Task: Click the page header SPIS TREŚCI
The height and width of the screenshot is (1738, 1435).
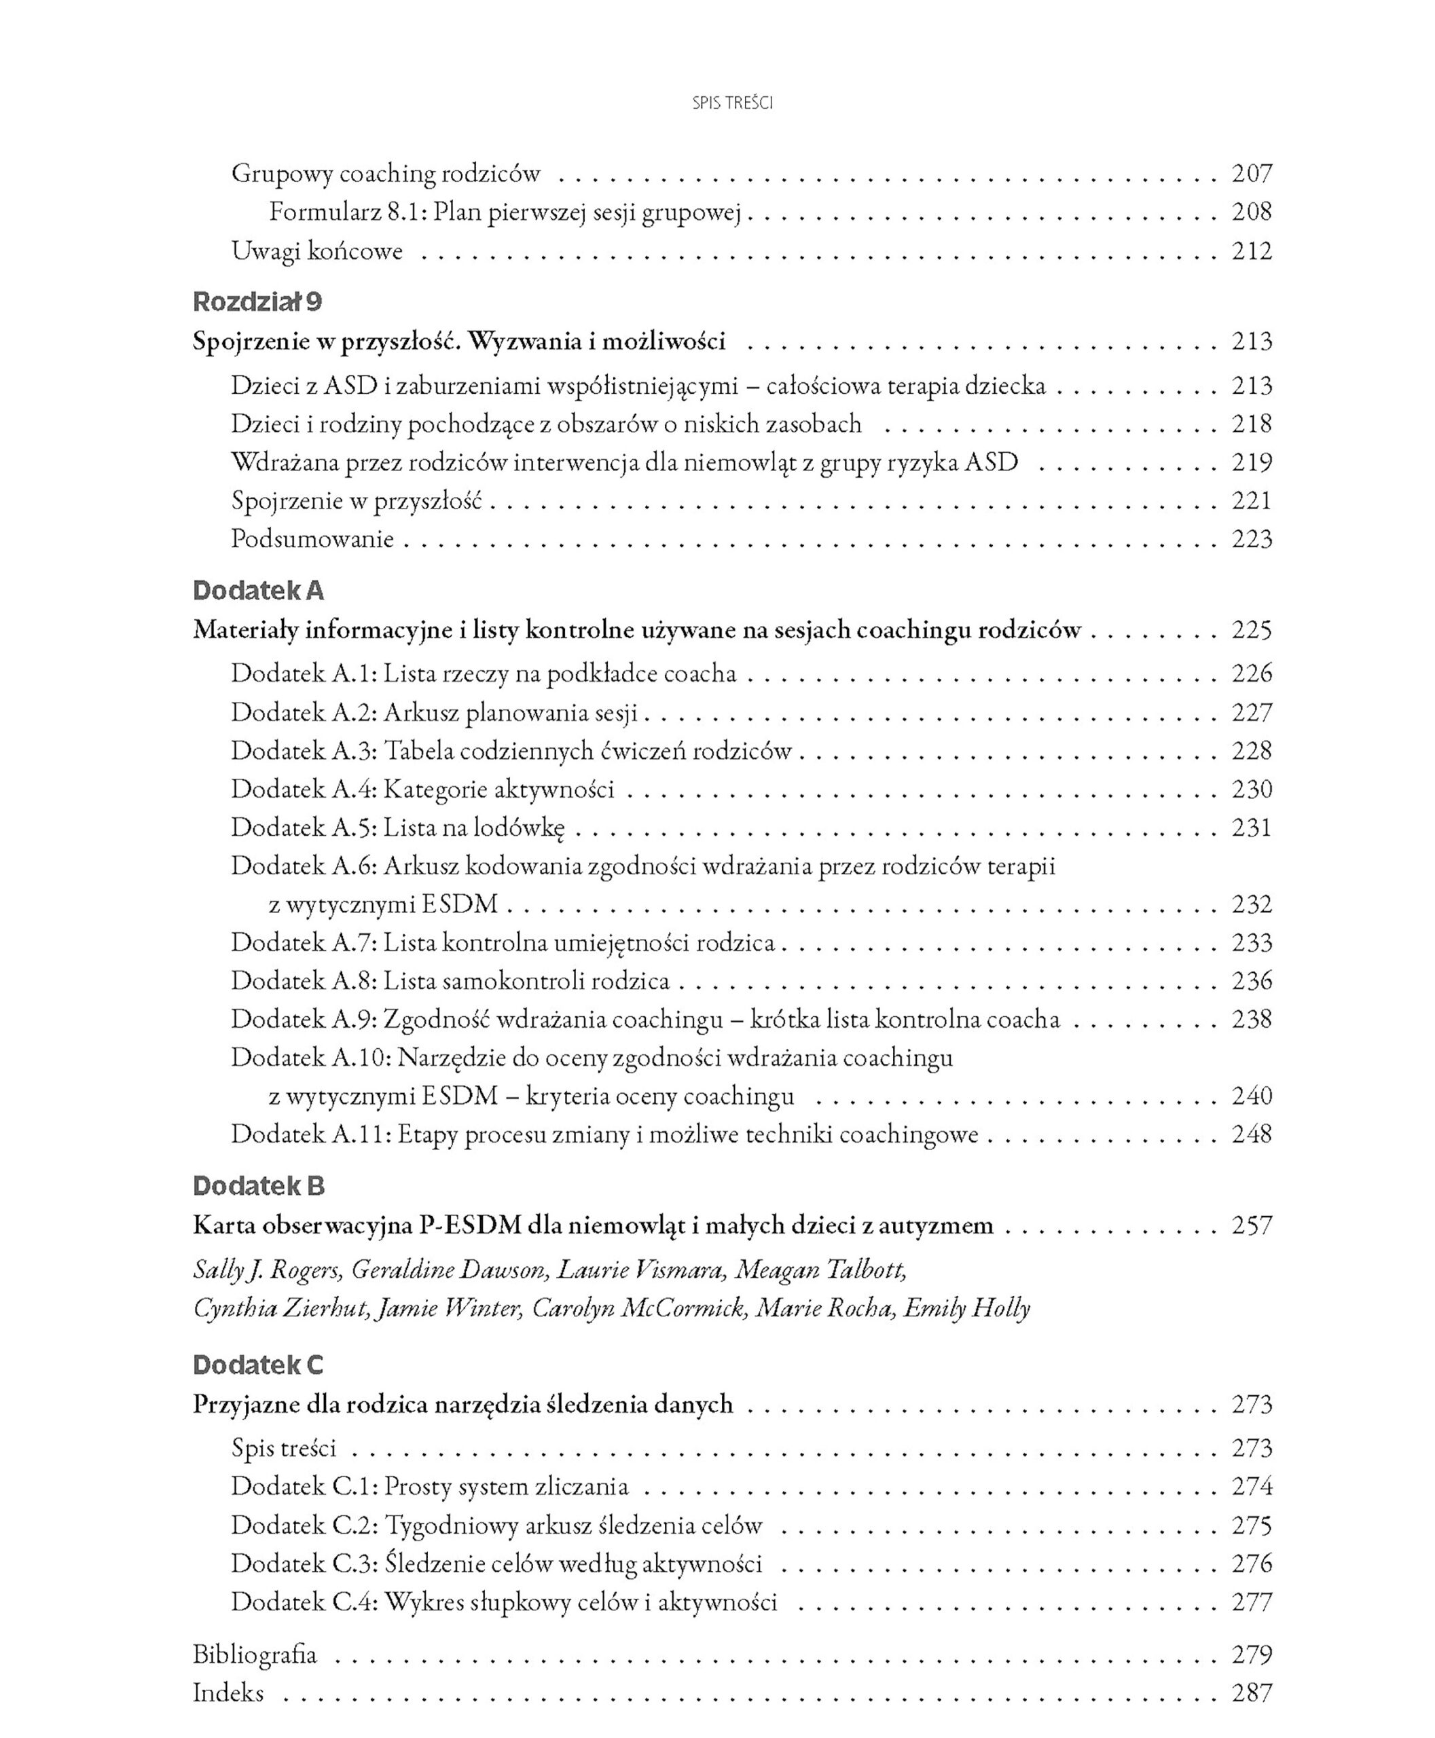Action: point(732,103)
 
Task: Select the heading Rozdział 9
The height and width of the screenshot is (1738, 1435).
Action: point(257,303)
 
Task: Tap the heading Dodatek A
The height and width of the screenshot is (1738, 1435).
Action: point(258,591)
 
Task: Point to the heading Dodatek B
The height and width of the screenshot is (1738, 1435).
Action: point(259,1186)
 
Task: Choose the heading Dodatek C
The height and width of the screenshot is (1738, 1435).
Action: point(258,1365)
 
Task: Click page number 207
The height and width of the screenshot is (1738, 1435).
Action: point(1252,174)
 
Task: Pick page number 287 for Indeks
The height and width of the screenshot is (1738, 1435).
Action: point(1252,1693)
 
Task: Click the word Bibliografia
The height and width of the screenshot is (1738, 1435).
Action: point(255,1654)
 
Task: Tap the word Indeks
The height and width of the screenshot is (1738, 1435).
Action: point(228,1693)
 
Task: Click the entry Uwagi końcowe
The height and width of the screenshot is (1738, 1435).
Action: point(316,251)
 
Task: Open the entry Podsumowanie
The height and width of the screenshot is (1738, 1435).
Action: point(312,539)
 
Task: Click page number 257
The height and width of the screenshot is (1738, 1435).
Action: point(1252,1225)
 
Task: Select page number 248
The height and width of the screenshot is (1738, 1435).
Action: point(1252,1134)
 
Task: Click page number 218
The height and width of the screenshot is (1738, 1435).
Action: point(1252,424)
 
